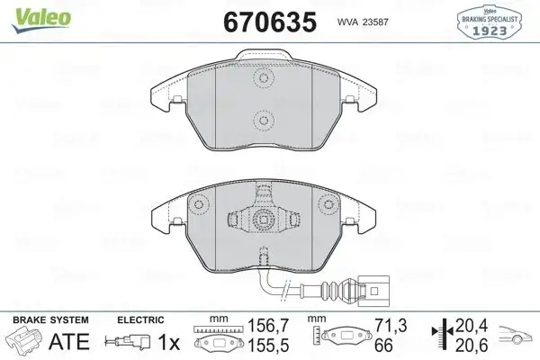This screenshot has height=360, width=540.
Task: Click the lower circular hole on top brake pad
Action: point(264,119)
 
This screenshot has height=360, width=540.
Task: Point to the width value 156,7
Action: point(262,325)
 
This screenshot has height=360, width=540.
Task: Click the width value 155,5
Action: point(262,345)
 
